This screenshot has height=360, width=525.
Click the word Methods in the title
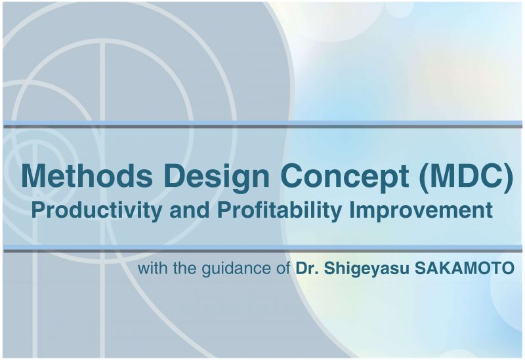(87, 176)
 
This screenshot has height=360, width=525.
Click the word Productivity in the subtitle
(96, 210)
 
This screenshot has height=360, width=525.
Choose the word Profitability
(280, 210)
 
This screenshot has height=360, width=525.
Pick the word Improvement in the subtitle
(421, 210)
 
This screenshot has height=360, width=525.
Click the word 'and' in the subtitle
(190, 210)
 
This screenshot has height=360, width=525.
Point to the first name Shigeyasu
(366, 269)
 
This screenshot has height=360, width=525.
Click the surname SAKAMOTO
(465, 268)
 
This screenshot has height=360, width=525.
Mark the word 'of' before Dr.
(283, 268)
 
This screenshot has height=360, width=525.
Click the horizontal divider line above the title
(262, 125)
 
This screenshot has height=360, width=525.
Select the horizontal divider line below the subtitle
(262, 249)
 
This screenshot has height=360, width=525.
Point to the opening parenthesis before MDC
(424, 178)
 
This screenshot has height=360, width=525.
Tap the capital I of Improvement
(352, 209)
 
